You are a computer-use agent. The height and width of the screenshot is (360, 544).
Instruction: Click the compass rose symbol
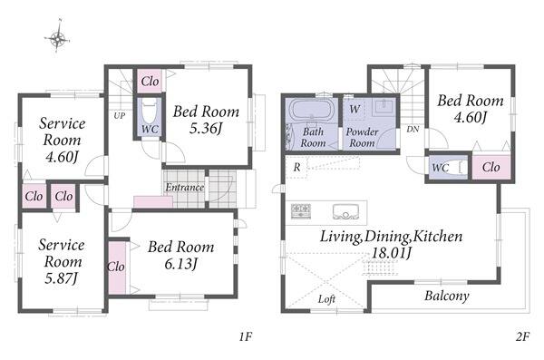[58, 37]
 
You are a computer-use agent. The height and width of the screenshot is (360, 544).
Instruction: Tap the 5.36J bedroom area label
[206, 129]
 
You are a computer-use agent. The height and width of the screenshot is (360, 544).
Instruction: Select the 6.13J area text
[180, 264]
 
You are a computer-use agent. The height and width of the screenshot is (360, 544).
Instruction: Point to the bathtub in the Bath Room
[310, 110]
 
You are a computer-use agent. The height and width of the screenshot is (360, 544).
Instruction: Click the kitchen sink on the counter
[345, 212]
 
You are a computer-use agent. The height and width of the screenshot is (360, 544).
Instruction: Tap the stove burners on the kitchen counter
[301, 211]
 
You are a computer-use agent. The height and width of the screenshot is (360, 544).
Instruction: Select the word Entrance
[184, 188]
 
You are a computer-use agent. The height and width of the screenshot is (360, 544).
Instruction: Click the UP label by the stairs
[119, 115]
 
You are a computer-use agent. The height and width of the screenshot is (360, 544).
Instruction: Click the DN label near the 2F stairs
[413, 130]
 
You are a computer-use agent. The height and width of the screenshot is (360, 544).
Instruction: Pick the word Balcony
[447, 296]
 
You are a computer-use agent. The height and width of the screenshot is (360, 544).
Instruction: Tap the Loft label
[326, 299]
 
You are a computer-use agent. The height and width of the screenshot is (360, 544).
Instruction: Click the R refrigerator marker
[296, 168]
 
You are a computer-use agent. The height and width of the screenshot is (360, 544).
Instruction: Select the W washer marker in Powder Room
[355, 109]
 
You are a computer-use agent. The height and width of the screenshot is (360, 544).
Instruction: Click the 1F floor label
[245, 336]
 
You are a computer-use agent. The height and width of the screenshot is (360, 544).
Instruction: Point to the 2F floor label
[522, 336]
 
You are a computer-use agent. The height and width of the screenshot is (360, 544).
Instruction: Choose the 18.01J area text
[391, 253]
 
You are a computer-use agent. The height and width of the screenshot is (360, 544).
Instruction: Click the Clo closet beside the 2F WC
[491, 168]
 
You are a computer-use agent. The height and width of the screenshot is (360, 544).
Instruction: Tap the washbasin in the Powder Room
[384, 107]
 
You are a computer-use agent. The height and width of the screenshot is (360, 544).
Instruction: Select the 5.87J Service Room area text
[61, 278]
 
